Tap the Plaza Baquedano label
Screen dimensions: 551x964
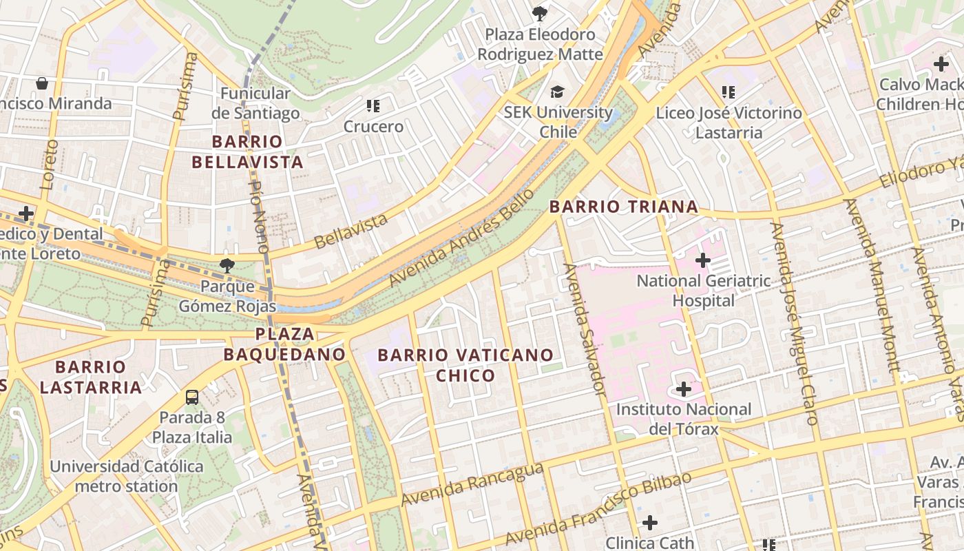point(284,344)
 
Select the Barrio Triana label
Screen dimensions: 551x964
point(624,207)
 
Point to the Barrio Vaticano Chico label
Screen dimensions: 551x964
point(465,365)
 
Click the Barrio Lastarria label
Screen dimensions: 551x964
point(91,377)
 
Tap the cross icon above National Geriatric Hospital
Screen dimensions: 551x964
point(703,260)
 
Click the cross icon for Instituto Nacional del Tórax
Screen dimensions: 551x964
point(684,389)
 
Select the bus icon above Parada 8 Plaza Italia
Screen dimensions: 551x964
point(192,397)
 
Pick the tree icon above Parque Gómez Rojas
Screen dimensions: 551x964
point(227,265)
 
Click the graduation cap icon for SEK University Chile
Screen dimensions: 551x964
point(557,92)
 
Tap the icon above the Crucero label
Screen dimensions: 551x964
point(373,106)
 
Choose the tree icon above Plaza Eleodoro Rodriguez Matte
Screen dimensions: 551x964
point(540,13)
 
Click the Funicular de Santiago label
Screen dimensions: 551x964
point(255,103)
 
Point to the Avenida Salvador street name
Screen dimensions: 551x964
point(584,329)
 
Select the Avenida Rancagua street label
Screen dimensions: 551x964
point(472,484)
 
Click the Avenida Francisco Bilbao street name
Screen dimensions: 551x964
point(598,508)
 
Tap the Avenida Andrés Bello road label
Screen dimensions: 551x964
point(461,238)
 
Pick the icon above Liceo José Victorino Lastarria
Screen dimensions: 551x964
point(729,92)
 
